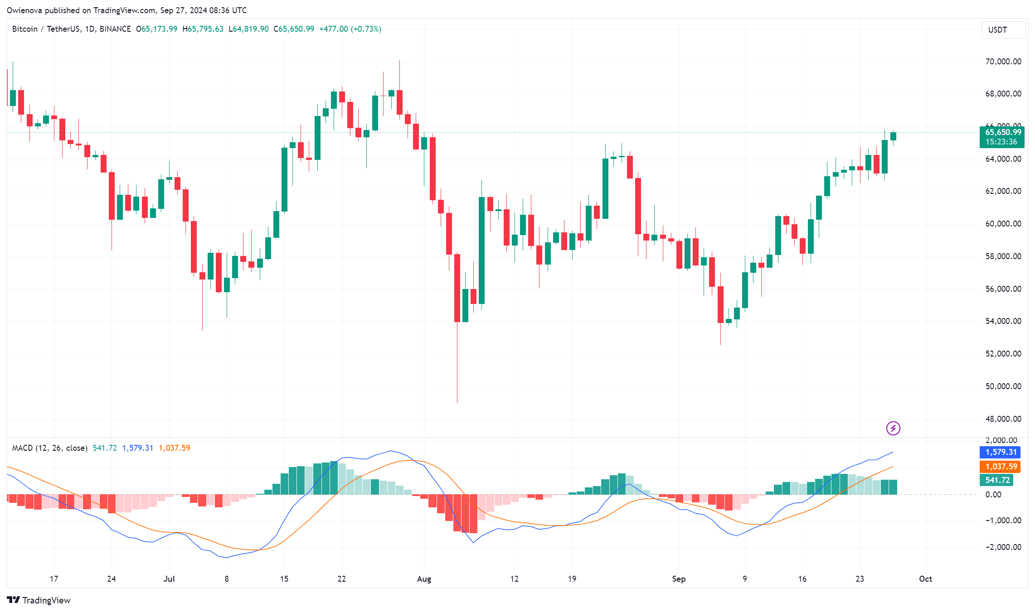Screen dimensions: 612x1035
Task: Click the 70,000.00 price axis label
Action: (1003, 62)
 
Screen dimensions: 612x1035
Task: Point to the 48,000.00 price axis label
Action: (1003, 419)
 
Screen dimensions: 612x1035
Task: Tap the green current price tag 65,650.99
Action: (1003, 132)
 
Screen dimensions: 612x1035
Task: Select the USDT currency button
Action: (1003, 30)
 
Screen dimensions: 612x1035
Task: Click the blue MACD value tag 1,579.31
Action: (1001, 452)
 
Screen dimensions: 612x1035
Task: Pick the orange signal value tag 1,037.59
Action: (1001, 467)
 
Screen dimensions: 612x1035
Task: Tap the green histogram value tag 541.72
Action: (997, 480)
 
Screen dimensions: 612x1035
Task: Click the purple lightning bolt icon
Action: (893, 428)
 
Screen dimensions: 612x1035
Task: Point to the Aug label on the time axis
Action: (424, 579)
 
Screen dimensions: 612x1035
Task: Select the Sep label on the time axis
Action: (679, 579)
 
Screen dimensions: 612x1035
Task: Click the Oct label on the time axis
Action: (925, 579)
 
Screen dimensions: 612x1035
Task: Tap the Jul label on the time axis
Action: (169, 579)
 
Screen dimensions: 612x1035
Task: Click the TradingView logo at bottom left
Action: (39, 600)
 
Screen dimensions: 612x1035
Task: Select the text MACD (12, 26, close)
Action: (49, 448)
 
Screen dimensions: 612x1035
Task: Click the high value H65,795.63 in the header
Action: (203, 29)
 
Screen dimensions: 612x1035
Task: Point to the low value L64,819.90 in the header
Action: (248, 29)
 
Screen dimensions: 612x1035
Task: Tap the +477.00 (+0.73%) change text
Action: (350, 29)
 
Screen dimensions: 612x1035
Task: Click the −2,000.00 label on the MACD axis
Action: (1003, 547)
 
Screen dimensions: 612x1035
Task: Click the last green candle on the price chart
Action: (893, 136)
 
